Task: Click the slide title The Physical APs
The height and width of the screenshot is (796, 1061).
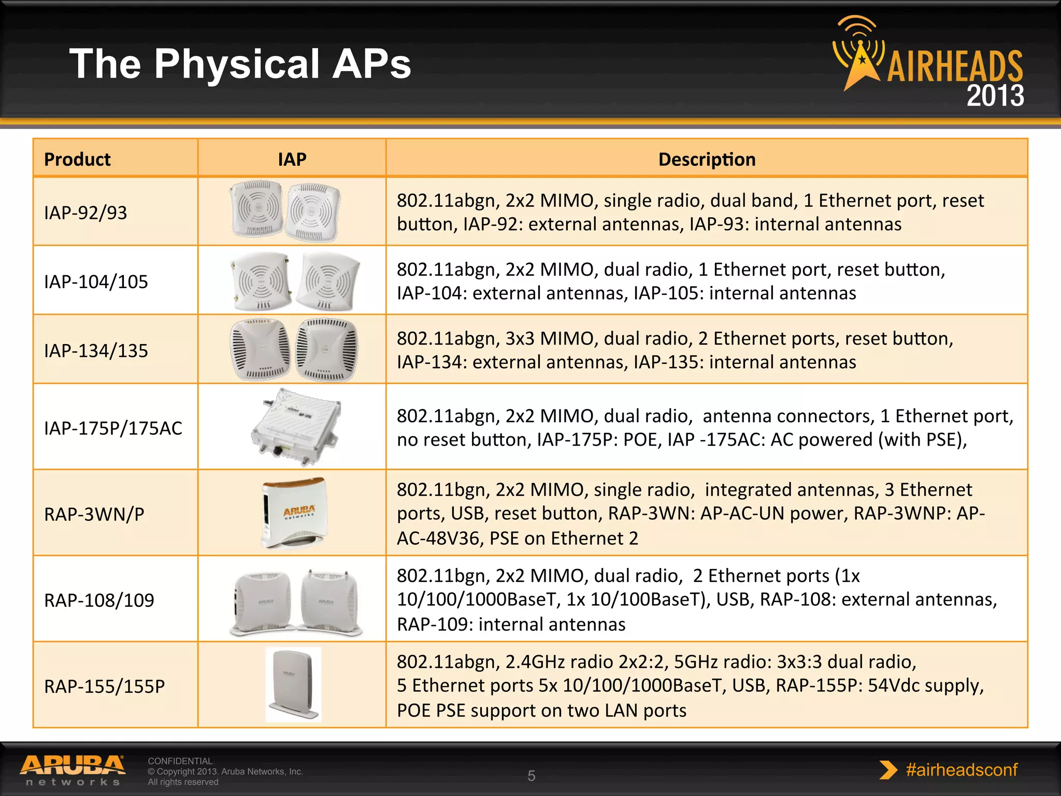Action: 240,64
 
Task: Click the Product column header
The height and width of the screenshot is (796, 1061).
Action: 77,159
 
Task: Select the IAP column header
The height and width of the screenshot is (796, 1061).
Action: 292,159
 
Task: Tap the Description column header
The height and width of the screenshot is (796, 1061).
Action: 707,159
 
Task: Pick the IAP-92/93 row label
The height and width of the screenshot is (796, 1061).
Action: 85,212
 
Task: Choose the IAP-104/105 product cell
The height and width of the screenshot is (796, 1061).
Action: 96,281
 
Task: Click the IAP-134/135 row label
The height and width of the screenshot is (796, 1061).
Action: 96,350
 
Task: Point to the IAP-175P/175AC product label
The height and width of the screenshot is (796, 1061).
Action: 113,428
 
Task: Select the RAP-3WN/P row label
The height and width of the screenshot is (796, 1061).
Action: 94,514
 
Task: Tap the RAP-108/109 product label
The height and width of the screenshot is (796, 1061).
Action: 99,600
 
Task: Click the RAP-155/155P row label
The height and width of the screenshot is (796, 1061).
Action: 104,686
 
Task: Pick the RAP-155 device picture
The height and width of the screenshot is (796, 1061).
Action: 293,684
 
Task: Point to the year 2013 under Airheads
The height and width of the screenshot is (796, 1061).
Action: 995,95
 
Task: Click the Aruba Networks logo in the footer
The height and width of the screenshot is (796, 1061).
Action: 73,770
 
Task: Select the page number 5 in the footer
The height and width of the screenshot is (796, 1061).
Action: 531,776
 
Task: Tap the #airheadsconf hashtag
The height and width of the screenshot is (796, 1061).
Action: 961,770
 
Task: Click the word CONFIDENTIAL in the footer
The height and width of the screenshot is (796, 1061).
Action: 180,761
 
